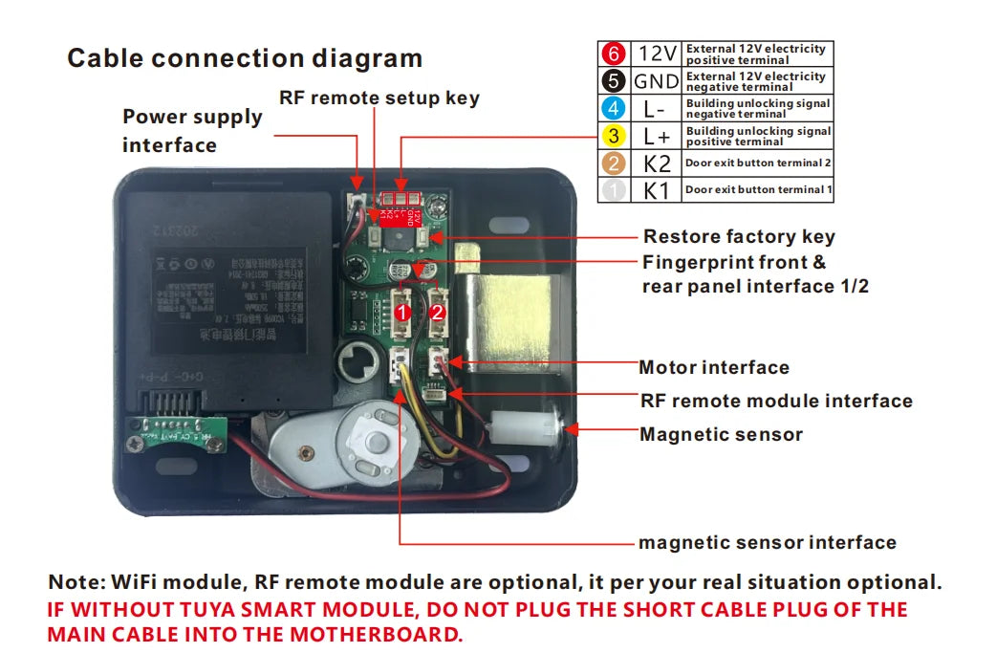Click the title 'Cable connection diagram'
(x=245, y=58)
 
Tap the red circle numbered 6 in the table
(x=614, y=54)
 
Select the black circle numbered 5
(x=614, y=80)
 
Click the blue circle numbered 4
(x=614, y=108)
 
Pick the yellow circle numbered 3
(x=614, y=135)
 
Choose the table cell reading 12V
(x=657, y=54)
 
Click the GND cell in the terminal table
(x=657, y=80)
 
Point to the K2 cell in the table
(x=657, y=163)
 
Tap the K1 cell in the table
(x=657, y=189)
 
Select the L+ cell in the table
(x=657, y=135)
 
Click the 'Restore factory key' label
(x=739, y=236)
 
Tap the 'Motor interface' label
(x=714, y=367)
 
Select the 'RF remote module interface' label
(x=776, y=401)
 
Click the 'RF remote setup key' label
(x=379, y=98)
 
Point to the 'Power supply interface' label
(x=192, y=131)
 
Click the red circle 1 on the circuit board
(x=403, y=312)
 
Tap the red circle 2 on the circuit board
(x=438, y=312)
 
